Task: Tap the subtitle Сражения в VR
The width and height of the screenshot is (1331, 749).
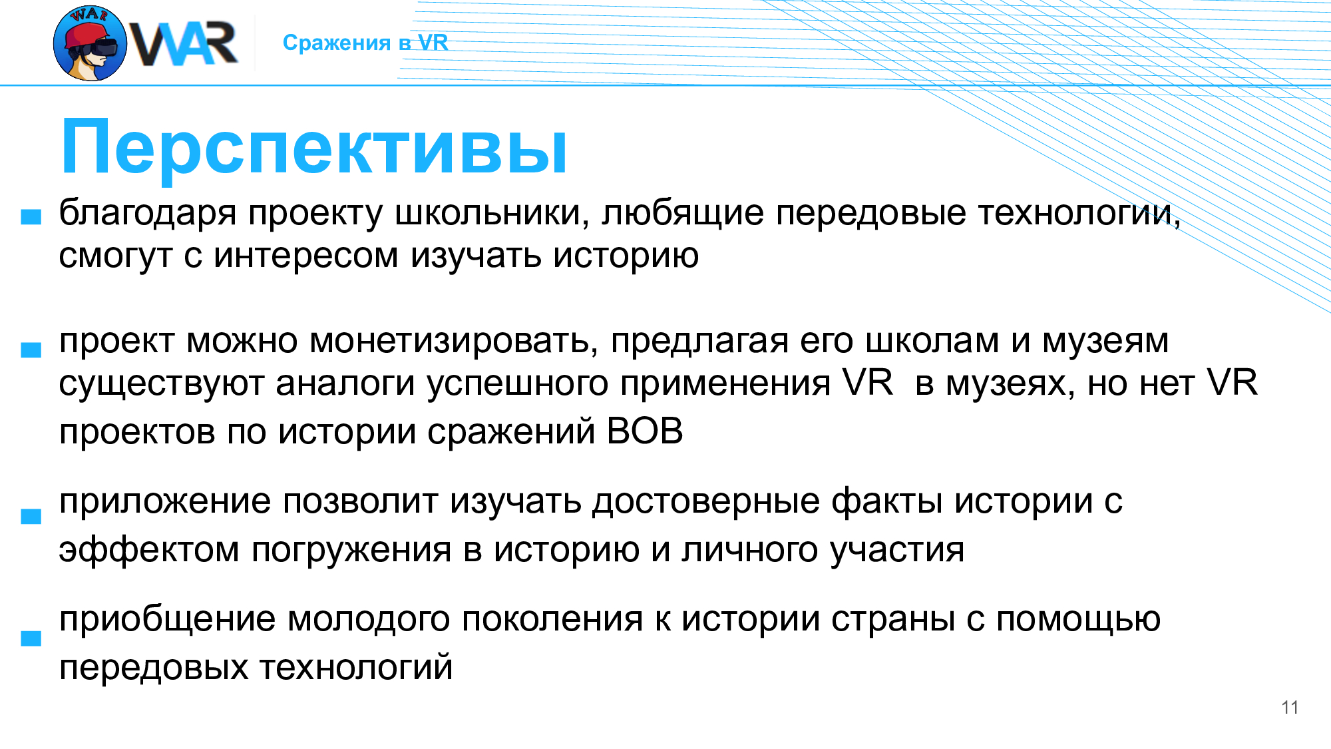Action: point(365,43)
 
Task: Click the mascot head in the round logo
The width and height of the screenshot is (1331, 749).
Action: point(90,44)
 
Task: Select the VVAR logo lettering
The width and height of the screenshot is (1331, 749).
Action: point(183,44)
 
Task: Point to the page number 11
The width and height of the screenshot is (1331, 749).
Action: point(1290,708)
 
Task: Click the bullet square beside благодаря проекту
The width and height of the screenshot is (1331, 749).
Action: point(31,217)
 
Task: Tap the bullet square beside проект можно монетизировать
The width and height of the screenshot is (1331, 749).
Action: point(31,350)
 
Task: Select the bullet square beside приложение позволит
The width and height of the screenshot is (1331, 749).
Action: point(31,517)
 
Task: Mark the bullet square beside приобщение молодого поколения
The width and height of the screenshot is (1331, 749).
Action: point(31,638)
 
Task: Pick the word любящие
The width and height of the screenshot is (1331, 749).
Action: point(683,214)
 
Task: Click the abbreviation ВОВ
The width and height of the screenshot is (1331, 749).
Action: point(645,431)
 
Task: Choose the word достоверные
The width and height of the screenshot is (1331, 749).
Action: point(706,502)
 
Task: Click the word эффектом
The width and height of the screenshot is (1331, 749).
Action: point(149,551)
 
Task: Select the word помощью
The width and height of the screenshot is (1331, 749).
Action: point(1078,620)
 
